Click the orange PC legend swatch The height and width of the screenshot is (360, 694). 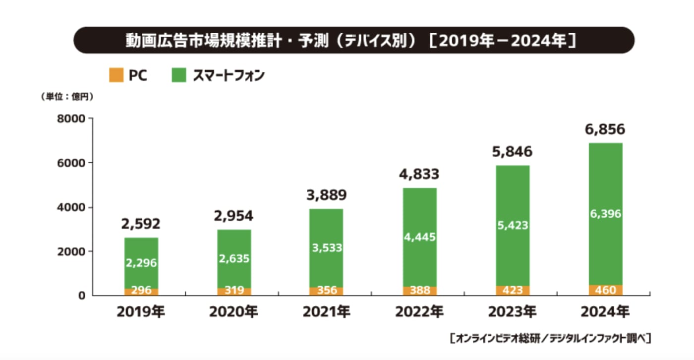click(x=116, y=76)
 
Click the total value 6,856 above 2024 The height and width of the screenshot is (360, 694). click(x=604, y=130)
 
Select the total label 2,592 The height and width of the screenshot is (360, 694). click(x=141, y=224)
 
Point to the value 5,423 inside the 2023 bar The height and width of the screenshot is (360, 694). click(x=512, y=226)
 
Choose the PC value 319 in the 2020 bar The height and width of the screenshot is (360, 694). click(x=233, y=291)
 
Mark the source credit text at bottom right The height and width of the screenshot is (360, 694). click(x=550, y=339)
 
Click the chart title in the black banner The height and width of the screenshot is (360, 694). click(x=353, y=40)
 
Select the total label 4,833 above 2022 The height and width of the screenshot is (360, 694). click(x=419, y=175)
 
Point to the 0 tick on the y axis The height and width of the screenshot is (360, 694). click(x=82, y=296)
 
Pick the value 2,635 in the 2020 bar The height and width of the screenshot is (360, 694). click(x=233, y=259)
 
